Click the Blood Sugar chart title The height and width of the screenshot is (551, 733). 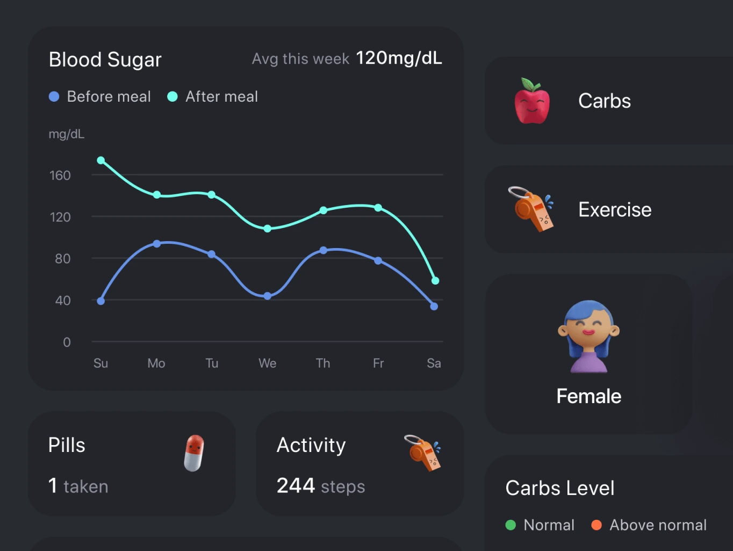click(105, 60)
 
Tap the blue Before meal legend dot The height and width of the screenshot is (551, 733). click(54, 96)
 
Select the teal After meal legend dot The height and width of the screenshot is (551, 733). click(172, 96)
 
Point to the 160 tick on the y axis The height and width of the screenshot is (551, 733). click(60, 175)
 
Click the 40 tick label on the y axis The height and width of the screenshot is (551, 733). click(62, 300)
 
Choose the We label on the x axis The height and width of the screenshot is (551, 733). click(267, 363)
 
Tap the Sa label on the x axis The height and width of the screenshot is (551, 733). click(434, 363)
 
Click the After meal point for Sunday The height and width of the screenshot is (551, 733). click(101, 160)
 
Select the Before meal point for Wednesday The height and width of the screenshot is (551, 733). click(268, 296)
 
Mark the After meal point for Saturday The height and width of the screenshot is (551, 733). click(435, 280)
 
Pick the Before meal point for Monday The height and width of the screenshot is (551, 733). click(157, 244)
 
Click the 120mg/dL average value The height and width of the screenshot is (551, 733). click(399, 58)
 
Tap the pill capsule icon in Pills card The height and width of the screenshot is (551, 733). click(194, 453)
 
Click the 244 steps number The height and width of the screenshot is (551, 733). click(296, 485)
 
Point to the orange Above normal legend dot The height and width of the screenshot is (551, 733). click(596, 525)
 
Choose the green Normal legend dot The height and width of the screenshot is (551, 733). click(511, 525)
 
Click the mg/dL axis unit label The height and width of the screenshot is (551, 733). click(67, 134)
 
